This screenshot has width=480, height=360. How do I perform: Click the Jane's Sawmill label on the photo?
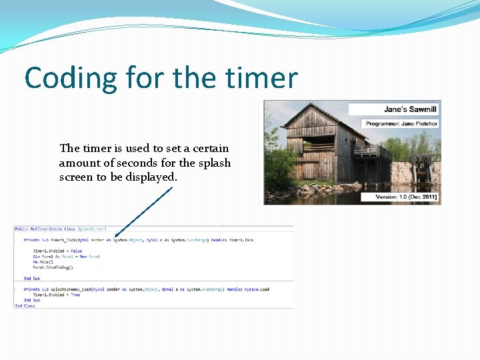pyautogui.click(x=410, y=109)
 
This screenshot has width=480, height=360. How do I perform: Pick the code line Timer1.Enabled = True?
pyautogui.click(x=57, y=295)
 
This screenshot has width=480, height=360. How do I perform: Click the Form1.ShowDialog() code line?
pyautogui.click(x=53, y=267)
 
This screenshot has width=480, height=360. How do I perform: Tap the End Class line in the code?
pyautogui.click(x=25, y=305)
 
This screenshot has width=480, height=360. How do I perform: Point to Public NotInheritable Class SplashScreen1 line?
pyautogui.click(x=61, y=229)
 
